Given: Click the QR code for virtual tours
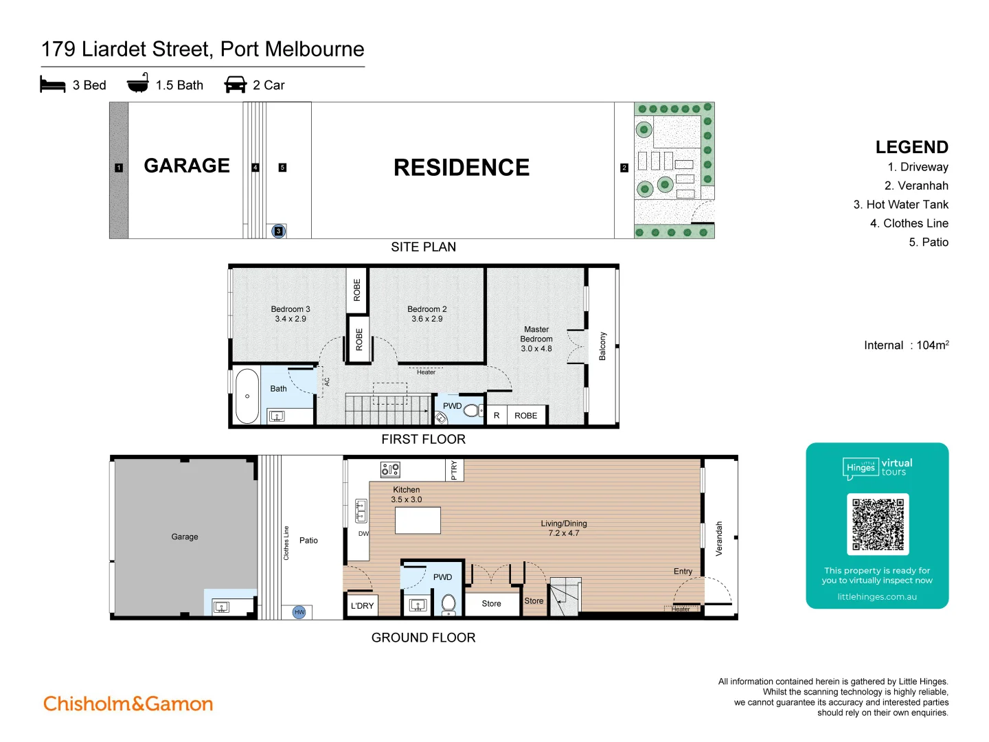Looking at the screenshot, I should pos(878,524).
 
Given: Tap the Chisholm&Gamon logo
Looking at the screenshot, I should pos(128,704).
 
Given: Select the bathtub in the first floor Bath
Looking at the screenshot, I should pos(247,396).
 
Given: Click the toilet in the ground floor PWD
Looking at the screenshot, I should pos(448,604).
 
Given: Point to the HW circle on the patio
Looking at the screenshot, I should pos(299,611).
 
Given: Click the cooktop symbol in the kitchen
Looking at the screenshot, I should pos(390,470).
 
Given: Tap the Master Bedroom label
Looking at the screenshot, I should pos(536,335).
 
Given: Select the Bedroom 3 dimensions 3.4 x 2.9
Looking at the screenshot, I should pos(291,319).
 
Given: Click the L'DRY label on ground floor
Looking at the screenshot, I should pos(362,605).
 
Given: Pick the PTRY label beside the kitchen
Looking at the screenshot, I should pos(454,470).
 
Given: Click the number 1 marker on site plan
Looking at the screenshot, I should pos(119,168).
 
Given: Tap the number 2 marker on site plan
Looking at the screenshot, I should pos(624,168).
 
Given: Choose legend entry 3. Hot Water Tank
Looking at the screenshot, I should pos(900,205).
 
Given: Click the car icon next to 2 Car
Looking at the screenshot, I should pos(235,85).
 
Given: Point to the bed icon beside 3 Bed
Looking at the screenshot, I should pos(53,85).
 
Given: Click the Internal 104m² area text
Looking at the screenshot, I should pos(906,345).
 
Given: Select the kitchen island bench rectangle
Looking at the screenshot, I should pos(418,520).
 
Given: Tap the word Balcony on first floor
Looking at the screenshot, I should pos(602,346).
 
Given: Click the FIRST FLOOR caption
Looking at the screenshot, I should pos(423,439).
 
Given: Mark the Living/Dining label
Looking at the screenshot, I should pos(564,524).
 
